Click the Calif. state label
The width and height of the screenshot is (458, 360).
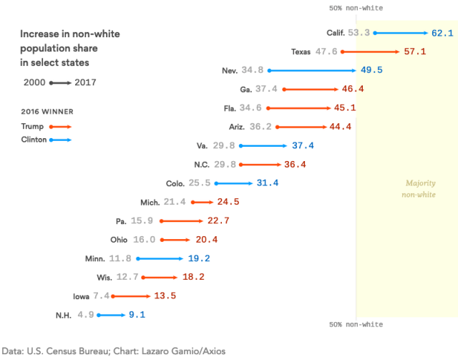[336, 33]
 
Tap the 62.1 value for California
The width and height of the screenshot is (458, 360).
[442, 33]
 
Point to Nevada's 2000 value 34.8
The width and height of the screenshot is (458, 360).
[252, 71]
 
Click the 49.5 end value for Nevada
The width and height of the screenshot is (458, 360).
[371, 71]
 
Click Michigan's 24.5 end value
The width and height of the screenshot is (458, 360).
[227, 203]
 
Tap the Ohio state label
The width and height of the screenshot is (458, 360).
[120, 240]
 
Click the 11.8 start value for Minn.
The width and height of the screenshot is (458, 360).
[120, 258]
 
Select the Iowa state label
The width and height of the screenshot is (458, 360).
[81, 296]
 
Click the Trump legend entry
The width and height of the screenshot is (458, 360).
[32, 126]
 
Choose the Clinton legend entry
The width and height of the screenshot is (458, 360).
[34, 140]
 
